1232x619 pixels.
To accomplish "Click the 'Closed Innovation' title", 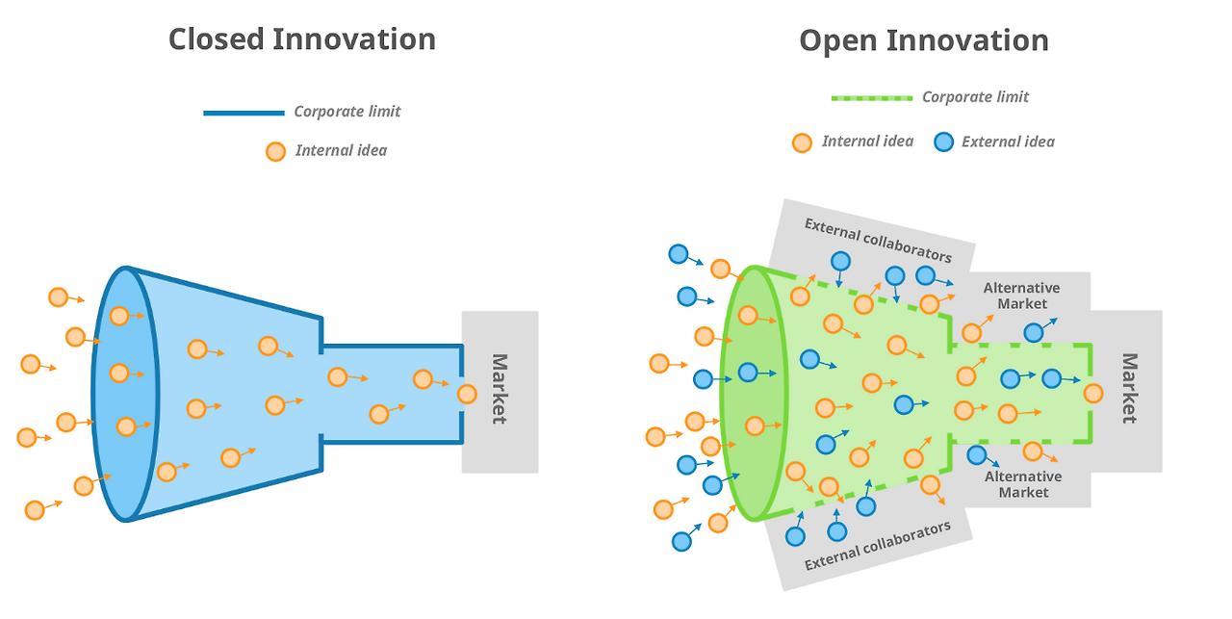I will click(301, 39).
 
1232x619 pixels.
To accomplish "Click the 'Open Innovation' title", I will click(923, 40).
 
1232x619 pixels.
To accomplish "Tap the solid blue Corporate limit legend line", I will click(244, 113).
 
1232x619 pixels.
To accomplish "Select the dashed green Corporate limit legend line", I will click(871, 97).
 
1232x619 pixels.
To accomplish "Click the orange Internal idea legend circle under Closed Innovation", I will click(275, 151).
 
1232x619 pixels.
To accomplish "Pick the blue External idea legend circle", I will click(943, 142).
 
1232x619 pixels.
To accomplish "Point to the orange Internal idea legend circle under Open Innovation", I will click(802, 142).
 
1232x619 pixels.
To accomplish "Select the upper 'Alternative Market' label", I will click(1021, 296).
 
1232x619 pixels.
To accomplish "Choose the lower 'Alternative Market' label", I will click(1023, 484).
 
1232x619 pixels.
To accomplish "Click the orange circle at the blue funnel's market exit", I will click(467, 394).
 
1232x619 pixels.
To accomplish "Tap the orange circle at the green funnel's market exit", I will click(1092, 393).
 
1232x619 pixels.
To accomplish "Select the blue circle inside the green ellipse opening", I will click(748, 372).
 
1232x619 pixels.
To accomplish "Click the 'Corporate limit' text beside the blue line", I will click(346, 112).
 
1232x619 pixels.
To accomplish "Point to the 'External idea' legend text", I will click(1008, 142).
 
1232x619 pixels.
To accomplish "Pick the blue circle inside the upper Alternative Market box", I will click(1033, 333).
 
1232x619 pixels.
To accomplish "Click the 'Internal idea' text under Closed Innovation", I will click(341, 150).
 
